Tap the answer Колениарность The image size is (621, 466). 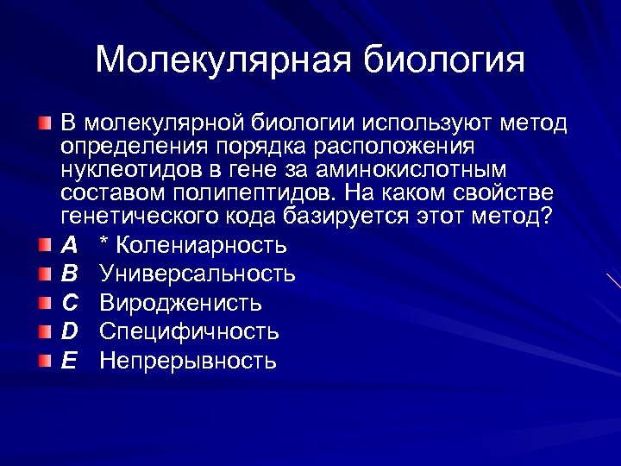201,246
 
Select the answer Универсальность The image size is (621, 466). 198,274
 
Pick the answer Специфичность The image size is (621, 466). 189,332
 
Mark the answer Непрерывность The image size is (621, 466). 188,361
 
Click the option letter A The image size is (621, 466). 69,246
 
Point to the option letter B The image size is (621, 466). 69,274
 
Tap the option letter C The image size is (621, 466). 70,304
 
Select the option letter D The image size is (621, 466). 70,332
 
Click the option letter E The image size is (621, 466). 69,361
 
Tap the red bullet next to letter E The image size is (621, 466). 45,361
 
